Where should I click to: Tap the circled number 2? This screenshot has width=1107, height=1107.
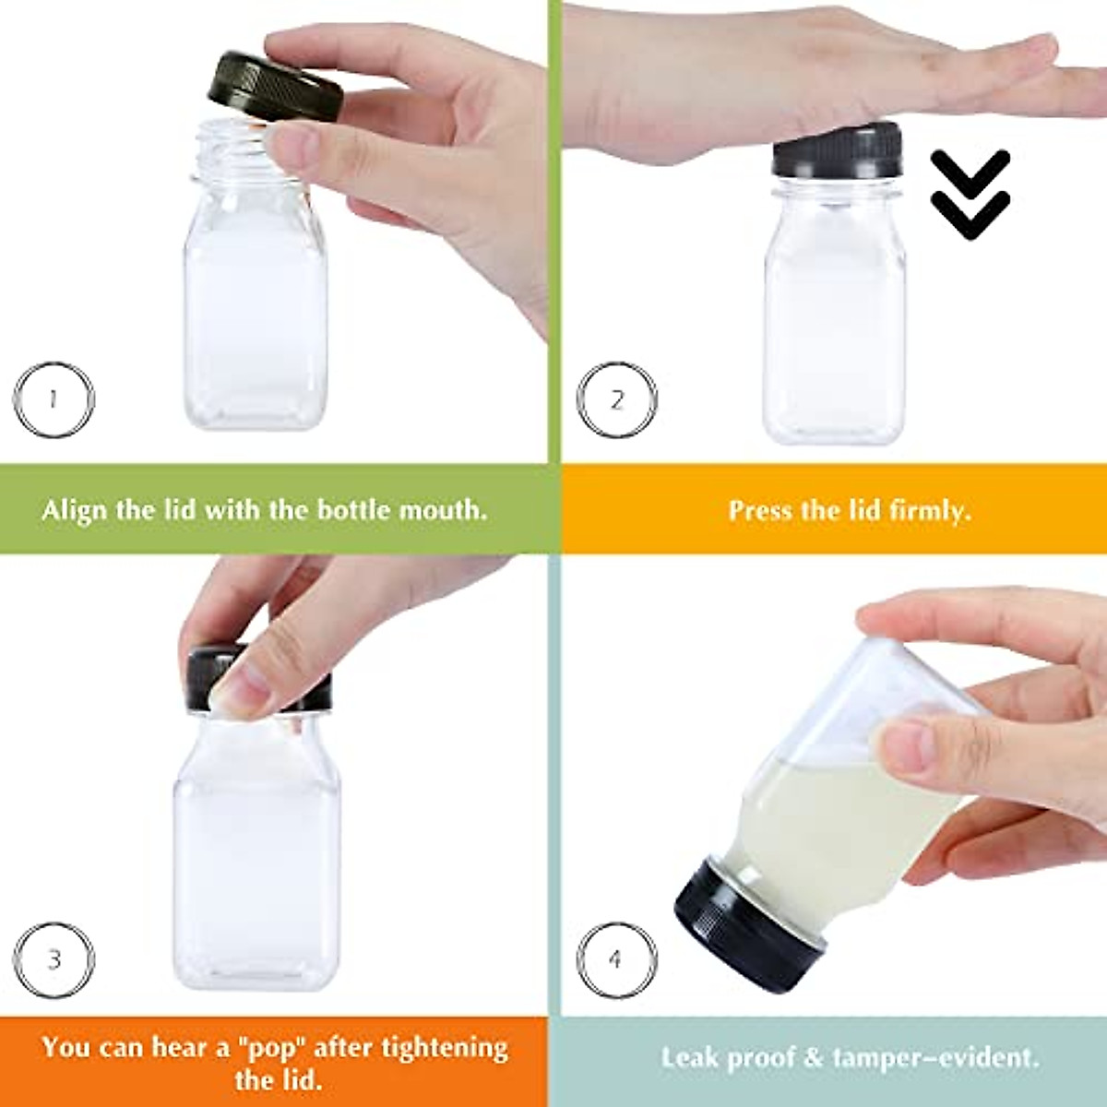pyautogui.click(x=616, y=400)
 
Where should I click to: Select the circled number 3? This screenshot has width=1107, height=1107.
pyautogui.click(x=54, y=959)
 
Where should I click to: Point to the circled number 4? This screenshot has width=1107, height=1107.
pyautogui.click(x=615, y=959)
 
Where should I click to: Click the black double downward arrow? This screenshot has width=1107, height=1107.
pyautogui.click(x=970, y=194)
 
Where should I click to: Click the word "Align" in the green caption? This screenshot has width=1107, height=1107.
pyautogui.click(x=75, y=510)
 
